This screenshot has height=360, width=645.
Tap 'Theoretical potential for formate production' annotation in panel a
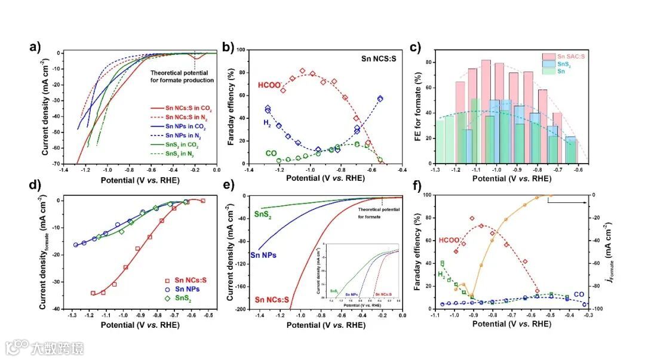182,76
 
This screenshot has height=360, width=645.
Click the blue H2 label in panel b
251,122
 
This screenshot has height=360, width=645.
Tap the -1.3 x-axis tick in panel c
437,170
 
